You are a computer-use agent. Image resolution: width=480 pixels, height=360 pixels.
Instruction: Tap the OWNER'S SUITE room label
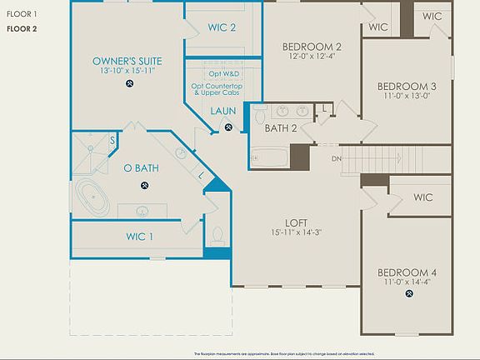point(127,62)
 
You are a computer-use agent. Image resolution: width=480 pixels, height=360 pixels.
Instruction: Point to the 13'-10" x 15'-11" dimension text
point(127,72)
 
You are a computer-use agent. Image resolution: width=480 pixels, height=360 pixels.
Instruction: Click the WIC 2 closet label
point(222,27)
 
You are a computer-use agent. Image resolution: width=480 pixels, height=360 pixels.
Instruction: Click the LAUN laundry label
point(223,111)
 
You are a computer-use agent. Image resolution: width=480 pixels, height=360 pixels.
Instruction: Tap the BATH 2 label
point(281,128)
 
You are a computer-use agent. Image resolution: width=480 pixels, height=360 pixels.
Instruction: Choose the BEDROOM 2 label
point(312,47)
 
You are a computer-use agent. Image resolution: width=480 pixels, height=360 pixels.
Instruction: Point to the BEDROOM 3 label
point(407,86)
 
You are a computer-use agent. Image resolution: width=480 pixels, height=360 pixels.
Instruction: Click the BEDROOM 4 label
point(407,272)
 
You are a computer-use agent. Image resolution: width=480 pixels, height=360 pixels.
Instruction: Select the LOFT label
point(297,222)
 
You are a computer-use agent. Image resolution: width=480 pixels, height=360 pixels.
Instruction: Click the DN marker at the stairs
point(337,158)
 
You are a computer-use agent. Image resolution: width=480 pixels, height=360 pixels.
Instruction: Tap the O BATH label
point(141,168)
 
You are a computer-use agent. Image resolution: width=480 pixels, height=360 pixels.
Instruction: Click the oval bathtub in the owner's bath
point(92,199)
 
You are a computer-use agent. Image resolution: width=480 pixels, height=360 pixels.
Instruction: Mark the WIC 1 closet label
point(139,237)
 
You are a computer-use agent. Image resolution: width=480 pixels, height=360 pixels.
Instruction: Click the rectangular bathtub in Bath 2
point(268,156)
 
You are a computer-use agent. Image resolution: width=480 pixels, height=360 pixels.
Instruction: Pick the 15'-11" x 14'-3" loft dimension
point(297,233)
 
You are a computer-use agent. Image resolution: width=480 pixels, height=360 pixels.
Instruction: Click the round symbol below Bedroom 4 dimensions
point(407,294)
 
